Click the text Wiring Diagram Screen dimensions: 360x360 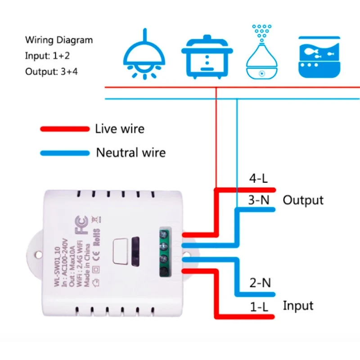coord(59,40)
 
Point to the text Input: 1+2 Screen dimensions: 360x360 coord(47,56)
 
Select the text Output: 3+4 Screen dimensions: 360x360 coord(51,72)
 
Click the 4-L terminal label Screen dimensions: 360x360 coord(259,179)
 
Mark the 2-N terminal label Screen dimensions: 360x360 coord(260,283)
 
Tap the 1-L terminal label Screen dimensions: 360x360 coord(260,307)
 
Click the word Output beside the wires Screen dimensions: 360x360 coord(303,200)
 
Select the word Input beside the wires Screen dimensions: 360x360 coord(298,306)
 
